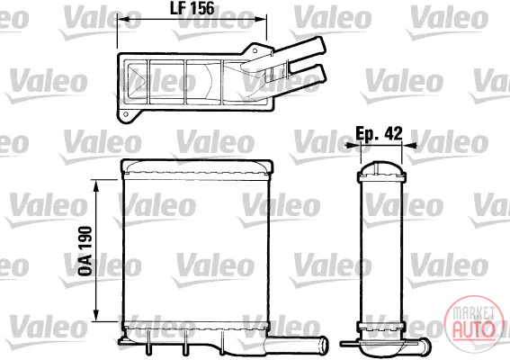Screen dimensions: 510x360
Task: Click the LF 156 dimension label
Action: [x=192, y=8]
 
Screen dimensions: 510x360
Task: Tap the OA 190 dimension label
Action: [x=85, y=251]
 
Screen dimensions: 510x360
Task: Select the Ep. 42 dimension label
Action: [x=379, y=133]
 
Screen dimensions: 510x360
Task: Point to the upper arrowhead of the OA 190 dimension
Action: [x=96, y=186]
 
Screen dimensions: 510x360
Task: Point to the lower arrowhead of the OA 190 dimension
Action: [x=96, y=315]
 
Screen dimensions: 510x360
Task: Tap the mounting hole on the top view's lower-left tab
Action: [x=126, y=114]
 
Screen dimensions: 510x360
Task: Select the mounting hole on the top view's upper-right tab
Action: [x=255, y=50]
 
